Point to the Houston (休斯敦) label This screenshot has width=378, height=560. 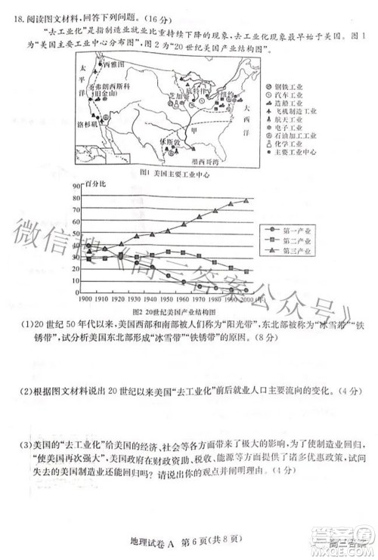[171, 141]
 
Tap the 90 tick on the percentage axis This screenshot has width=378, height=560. [75, 185]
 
